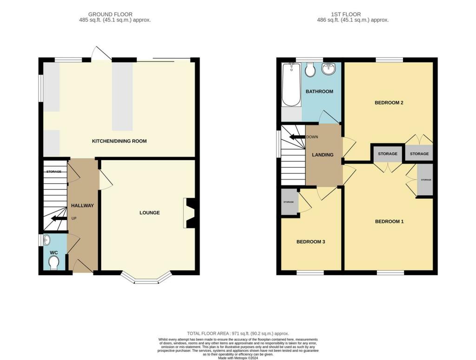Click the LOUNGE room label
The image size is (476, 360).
tap(150, 213)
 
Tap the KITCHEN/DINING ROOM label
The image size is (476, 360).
tap(119, 141)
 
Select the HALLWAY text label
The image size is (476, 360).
tap(82, 206)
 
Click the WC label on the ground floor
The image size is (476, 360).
tap(53, 253)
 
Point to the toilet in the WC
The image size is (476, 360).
tap(54, 263)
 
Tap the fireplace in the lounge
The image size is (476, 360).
tap(190, 213)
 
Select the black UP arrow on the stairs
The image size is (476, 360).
tap(58, 218)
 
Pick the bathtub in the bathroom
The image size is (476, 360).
tap(291, 85)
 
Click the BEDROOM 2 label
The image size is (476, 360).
tap(389, 102)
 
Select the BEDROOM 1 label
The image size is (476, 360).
tap(389, 221)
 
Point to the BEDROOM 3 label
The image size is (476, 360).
tap(311, 242)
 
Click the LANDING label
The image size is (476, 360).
tap(323, 155)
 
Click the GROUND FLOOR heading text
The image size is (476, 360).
tap(110, 14)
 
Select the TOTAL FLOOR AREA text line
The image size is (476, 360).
tap(238, 333)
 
